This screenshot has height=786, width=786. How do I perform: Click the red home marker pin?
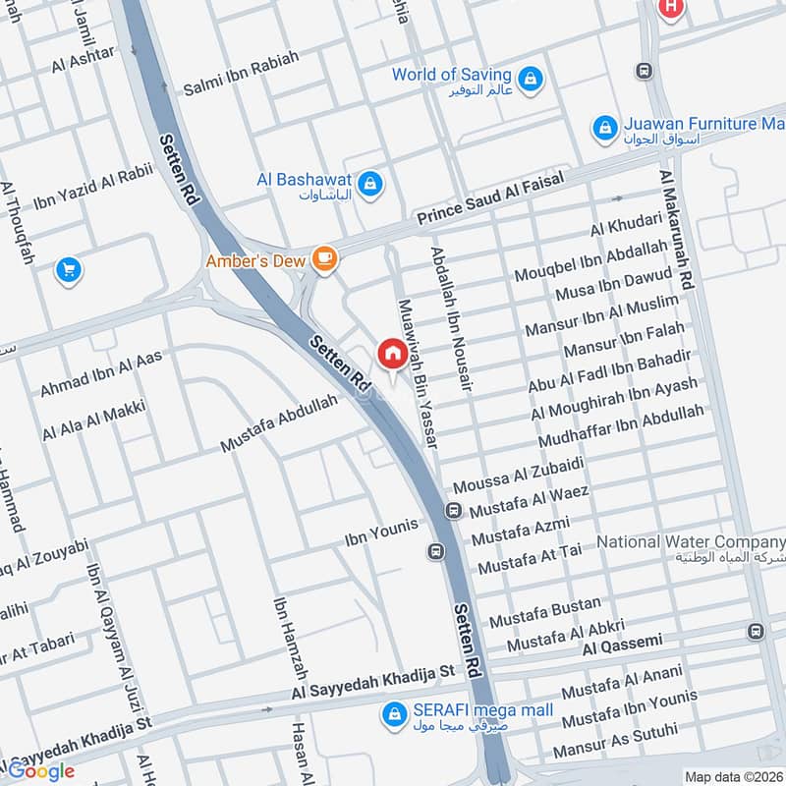point(391,353)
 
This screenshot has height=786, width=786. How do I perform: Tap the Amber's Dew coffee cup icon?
point(324,259)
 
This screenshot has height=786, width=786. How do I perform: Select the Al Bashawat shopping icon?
point(370,183)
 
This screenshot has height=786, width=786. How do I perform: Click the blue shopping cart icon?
point(68,267)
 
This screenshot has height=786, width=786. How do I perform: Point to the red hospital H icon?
point(671,6)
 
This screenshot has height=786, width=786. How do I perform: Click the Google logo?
point(40,770)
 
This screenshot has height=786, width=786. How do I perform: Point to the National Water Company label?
point(691,542)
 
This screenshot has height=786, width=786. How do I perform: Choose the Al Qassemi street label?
point(622,644)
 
